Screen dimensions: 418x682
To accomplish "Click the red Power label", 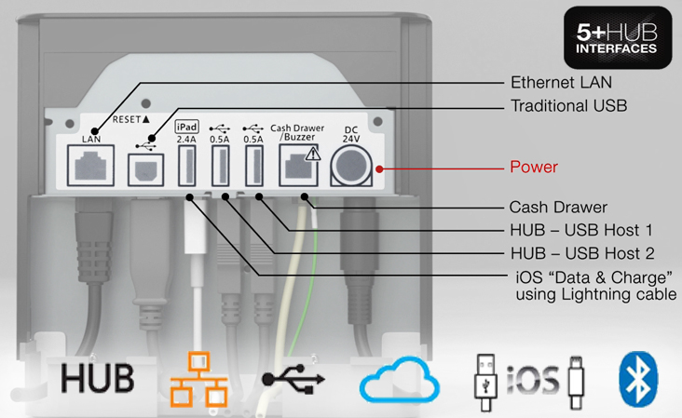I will [x=534, y=169].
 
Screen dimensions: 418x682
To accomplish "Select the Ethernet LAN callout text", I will [x=567, y=82].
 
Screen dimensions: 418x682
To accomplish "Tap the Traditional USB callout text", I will [x=568, y=106].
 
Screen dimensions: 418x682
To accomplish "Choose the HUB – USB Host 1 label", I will [x=580, y=230].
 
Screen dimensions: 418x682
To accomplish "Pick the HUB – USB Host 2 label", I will [x=580, y=252].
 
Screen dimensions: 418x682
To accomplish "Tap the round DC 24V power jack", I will [x=352, y=169].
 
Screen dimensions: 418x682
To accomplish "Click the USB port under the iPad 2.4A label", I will [x=185, y=168].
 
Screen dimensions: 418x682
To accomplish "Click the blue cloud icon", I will [x=400, y=381].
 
